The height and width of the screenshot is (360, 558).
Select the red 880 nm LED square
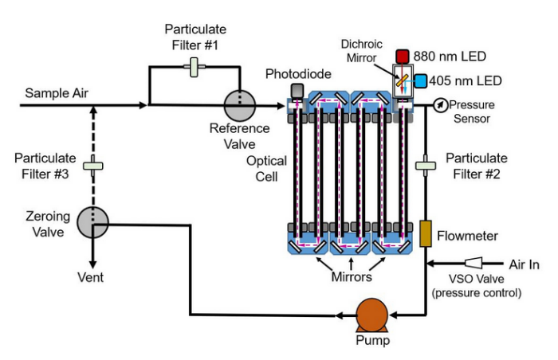pos(403,57)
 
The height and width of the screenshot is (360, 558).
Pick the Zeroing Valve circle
pos(93,221)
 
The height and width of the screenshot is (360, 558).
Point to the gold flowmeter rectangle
pos(426,233)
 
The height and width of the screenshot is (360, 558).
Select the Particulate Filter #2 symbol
pos(426,166)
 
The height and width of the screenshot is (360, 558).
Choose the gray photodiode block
pos(297,91)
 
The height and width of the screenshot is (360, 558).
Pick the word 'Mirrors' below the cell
pos(352,278)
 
